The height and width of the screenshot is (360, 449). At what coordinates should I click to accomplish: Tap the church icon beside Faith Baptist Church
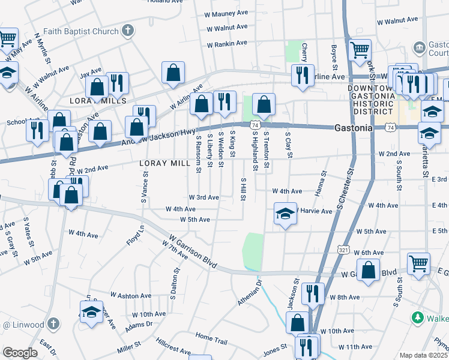[x=128, y=30]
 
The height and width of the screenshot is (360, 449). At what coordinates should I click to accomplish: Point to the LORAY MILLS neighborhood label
[x=93, y=101]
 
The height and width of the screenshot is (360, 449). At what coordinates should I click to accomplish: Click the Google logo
[x=19, y=353]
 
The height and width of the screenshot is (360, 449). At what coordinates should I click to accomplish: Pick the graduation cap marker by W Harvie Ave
[x=285, y=214]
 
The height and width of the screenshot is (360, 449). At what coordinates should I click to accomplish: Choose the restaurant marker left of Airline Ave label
[x=300, y=75]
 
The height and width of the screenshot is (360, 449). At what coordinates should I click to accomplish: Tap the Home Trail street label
[x=211, y=338]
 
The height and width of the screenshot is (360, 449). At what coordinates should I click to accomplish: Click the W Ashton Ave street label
[x=130, y=296]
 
